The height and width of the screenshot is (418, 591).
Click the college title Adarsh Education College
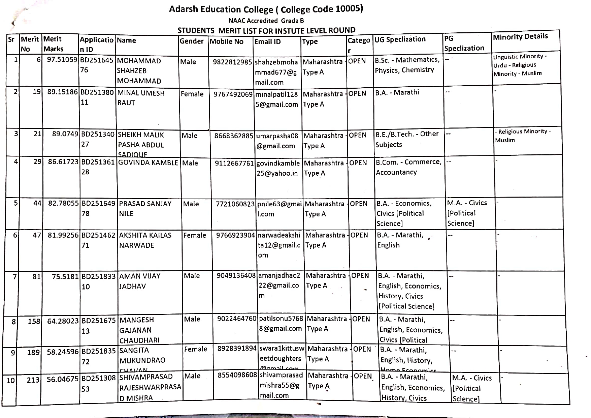266,9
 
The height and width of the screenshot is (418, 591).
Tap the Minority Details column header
520,36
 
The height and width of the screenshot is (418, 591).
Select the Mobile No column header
226,41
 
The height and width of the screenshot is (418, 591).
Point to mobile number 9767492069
233,94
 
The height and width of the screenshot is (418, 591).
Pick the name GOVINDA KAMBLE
148,163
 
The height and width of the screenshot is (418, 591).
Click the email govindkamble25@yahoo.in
278,168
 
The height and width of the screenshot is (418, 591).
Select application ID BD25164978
98,208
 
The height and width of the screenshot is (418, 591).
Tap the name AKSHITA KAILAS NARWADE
145,240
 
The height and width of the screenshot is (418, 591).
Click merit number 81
36,277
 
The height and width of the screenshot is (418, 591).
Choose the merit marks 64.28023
63,321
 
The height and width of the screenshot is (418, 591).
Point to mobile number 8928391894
237,349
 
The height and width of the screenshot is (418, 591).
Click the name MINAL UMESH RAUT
141,98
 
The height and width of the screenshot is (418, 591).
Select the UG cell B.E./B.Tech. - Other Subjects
407,139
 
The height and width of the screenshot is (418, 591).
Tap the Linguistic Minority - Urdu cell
520,65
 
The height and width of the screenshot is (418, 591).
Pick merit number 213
33,380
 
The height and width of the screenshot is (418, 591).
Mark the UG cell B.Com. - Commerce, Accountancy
408,167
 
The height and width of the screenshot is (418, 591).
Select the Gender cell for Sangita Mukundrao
195,349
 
